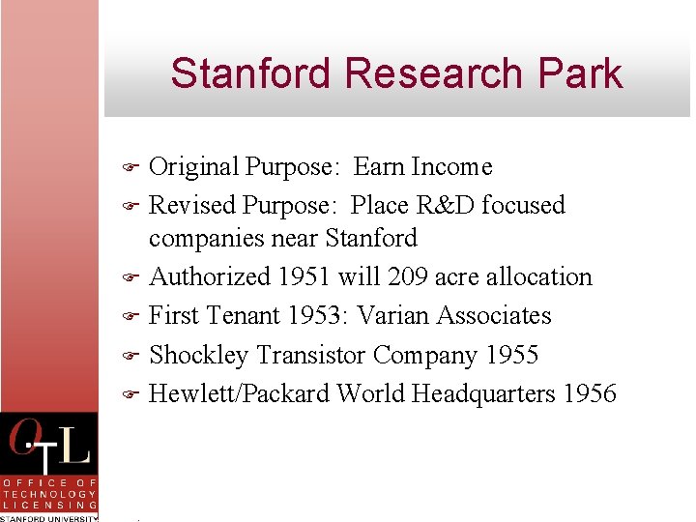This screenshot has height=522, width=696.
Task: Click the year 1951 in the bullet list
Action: [304, 276]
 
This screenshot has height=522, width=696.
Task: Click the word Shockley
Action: [199, 356]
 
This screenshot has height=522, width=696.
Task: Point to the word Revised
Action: [192, 205]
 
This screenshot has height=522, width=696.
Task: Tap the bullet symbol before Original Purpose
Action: [132, 167]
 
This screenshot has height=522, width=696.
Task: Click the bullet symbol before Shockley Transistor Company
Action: [132, 356]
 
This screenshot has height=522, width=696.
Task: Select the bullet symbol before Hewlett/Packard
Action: [132, 394]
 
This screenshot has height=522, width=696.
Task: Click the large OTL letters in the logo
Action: [48, 445]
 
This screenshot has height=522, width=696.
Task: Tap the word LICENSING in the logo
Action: [49, 505]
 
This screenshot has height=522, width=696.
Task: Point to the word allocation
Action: [536, 276]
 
